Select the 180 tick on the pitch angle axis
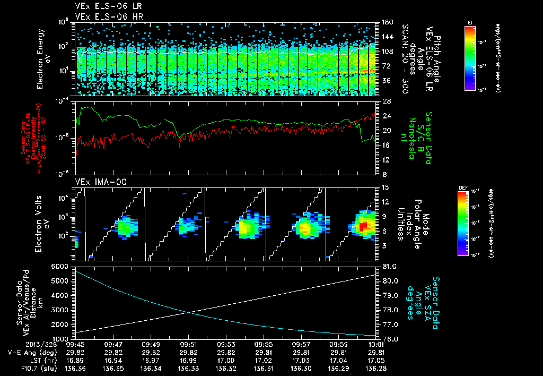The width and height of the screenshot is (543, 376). (386, 22)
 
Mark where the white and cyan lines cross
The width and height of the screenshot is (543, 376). (188, 312)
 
